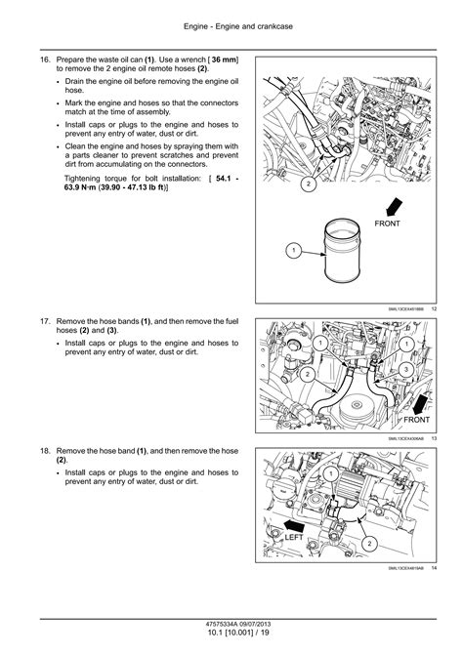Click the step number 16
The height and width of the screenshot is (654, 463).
point(45,61)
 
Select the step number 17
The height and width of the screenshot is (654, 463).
point(45,320)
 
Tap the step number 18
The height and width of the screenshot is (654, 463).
point(45,453)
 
